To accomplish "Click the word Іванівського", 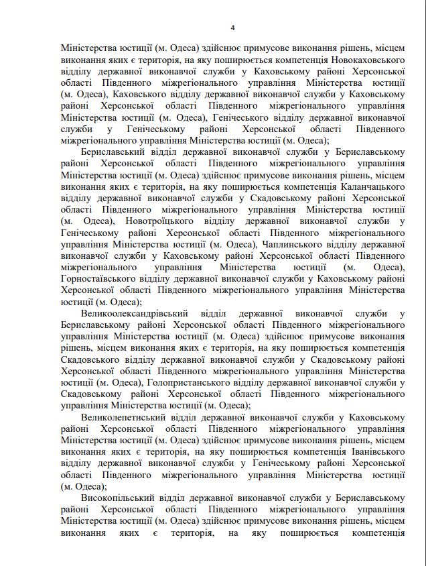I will [x=373, y=451].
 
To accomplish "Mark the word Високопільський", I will [x=117, y=498].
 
